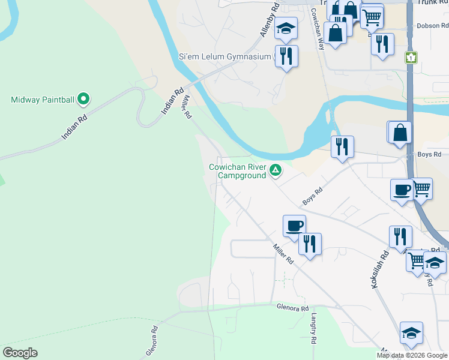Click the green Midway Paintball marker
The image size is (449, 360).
84,98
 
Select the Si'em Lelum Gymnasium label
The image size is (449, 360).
225,56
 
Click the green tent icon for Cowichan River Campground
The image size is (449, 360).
276,171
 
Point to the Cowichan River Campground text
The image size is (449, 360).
238,171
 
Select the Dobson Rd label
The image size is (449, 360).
432,26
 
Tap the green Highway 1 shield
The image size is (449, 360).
411,57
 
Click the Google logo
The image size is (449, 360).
20,352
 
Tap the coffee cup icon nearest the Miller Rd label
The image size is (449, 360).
294,226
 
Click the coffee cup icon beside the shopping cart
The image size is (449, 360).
402,190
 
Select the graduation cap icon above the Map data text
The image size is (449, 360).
411,333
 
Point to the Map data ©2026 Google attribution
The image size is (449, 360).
412,355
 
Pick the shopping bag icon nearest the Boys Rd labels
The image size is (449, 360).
400,132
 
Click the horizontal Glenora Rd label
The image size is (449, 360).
292,308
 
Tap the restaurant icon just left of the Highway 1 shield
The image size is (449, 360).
382,43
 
